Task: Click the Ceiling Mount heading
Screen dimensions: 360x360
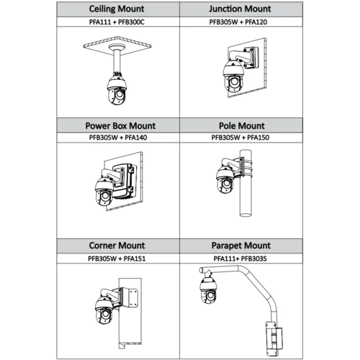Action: [117, 9]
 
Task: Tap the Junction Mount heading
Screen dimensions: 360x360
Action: [240, 9]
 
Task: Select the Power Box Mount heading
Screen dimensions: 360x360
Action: [120, 126]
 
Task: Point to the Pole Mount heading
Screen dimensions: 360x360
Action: [242, 126]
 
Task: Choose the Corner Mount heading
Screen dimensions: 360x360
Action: [117, 246]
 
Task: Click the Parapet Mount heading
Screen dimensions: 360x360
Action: [241, 246]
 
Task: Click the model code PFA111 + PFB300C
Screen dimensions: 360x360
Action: [117, 22]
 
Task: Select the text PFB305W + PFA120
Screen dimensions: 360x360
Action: [238, 22]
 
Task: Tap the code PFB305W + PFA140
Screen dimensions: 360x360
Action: [118, 138]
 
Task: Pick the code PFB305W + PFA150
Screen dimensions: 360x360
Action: [240, 138]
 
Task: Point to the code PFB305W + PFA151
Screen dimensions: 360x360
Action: [117, 258]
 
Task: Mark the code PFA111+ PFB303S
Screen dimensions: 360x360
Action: [240, 258]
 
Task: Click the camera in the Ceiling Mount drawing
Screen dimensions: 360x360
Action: [117, 89]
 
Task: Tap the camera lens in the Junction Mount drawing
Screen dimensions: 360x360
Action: [234, 82]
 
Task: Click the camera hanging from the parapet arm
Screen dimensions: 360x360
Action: [208, 289]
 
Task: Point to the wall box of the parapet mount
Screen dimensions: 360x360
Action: [274, 338]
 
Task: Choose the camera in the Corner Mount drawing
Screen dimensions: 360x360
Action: [104, 310]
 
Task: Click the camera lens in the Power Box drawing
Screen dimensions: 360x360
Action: [105, 196]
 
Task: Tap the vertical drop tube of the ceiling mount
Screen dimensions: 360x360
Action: [117, 60]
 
